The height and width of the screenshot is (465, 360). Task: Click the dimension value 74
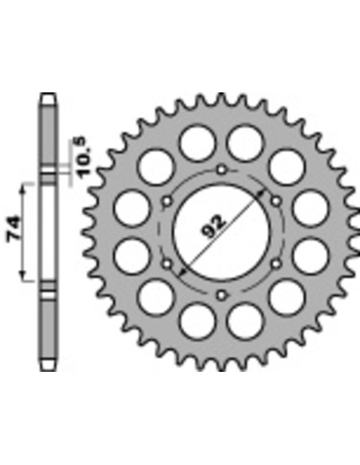[14, 229]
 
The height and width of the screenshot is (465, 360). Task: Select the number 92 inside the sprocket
[213, 227]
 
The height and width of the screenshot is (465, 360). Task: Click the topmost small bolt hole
[221, 170]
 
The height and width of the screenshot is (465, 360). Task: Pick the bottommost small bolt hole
[221, 295]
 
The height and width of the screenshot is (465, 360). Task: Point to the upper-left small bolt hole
[167, 201]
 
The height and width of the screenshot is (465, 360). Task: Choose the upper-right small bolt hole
[276, 201]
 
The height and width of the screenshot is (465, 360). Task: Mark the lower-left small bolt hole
[167, 264]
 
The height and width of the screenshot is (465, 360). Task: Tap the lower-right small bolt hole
[276, 264]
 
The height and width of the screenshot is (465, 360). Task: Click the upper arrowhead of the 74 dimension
[23, 190]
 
